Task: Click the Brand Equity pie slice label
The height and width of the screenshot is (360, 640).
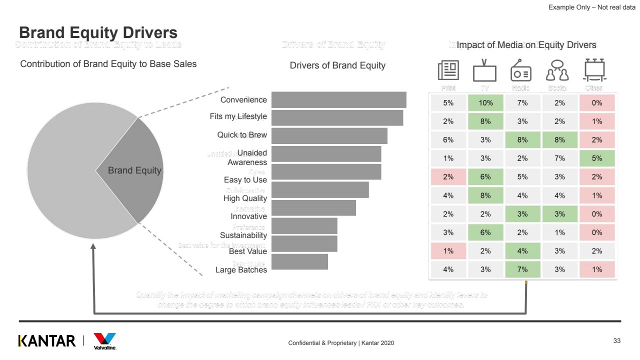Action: point(134,170)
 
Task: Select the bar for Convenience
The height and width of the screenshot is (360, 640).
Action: point(338,99)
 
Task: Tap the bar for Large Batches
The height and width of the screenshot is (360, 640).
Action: point(299,261)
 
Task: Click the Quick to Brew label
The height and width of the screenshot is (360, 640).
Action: point(242,135)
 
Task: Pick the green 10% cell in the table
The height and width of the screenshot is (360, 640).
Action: point(485,103)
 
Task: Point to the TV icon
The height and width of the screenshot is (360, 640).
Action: point(484,71)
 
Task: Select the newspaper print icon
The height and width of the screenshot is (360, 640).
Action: point(448,70)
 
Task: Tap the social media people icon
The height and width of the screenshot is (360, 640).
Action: point(557,71)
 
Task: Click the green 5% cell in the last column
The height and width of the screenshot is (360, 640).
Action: point(596,158)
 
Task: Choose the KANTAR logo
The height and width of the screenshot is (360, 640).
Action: point(47,341)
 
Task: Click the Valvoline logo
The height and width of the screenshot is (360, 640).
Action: point(105,341)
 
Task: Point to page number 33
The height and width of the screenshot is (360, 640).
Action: point(616,341)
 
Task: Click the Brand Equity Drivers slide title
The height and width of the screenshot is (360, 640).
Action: point(98,33)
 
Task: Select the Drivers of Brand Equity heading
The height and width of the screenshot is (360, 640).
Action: point(337,65)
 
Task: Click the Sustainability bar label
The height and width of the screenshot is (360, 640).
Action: point(243,235)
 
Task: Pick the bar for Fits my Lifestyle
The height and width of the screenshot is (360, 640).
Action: point(337,118)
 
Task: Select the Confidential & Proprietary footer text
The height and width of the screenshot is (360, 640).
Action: point(341,343)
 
